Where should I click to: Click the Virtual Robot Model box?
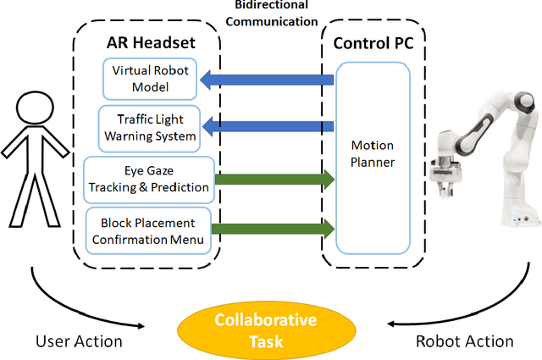click(x=151, y=79)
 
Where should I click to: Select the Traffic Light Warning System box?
click(x=149, y=125)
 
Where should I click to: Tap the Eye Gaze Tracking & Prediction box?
click(x=150, y=179)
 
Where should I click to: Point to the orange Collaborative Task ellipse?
click(x=265, y=330)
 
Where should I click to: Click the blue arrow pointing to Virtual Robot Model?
click(x=267, y=80)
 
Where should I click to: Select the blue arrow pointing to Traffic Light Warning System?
click(x=267, y=127)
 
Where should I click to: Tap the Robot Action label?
click(x=465, y=341)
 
